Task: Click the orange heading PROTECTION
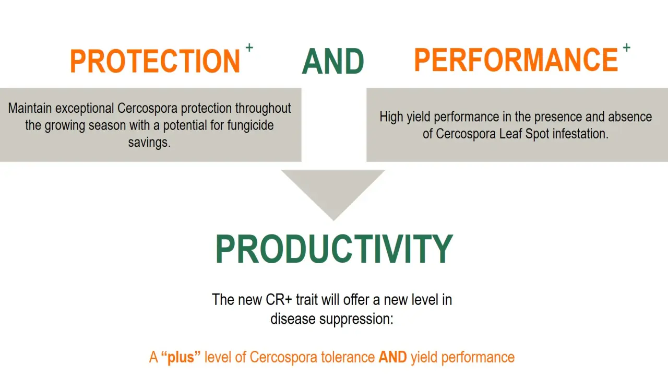155,61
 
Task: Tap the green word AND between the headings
333,61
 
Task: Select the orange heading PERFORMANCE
516,60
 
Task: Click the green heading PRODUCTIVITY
334,249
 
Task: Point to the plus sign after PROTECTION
249,48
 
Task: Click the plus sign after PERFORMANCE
627,48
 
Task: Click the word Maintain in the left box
30,108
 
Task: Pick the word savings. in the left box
149,143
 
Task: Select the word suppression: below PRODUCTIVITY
356,319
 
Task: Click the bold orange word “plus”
181,357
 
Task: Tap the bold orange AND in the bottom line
392,357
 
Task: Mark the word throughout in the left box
263,109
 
